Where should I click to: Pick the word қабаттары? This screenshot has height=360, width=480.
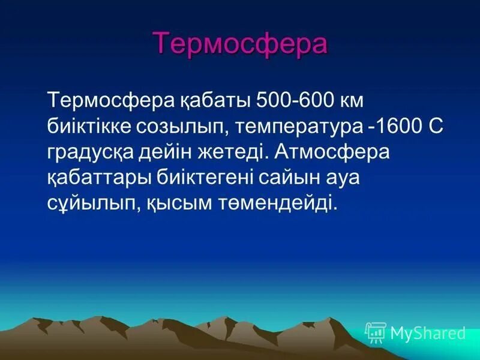click(98, 178)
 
